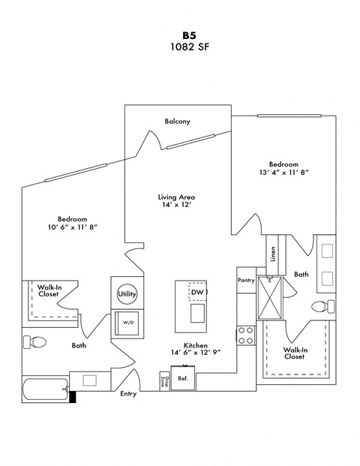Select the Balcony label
(x=177, y=122)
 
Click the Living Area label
(x=177, y=197)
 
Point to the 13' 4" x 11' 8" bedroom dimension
(x=283, y=173)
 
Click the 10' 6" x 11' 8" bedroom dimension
(x=73, y=227)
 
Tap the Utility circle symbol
(x=125, y=294)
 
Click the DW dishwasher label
(x=197, y=292)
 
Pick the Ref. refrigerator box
(x=182, y=379)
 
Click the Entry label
(x=128, y=394)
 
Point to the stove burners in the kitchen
(x=245, y=335)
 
